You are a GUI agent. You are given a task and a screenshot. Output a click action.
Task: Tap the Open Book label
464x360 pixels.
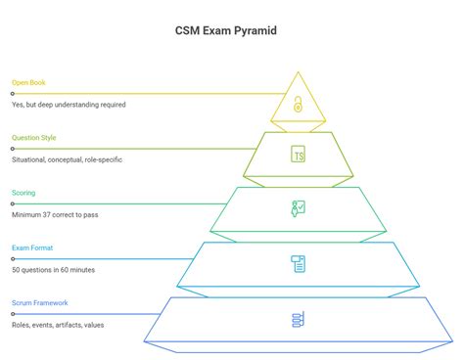28,83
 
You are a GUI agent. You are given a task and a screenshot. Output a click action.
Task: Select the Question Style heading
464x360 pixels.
34,138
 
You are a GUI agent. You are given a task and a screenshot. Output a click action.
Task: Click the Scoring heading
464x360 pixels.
23,193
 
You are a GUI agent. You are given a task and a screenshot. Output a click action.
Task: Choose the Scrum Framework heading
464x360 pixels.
40,303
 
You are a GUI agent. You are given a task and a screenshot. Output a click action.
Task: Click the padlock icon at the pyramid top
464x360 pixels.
297,102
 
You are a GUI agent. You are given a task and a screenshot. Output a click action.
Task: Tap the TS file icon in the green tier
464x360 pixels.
297,154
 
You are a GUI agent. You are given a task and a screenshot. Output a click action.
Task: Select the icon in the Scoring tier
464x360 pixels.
297,207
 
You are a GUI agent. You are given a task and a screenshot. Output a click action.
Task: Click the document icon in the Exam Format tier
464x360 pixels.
297,262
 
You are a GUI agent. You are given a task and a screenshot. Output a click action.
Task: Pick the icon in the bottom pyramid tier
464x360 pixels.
297,319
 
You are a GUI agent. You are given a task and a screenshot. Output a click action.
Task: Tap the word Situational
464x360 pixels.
31,159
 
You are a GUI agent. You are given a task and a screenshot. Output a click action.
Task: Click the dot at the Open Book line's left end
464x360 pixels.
12,94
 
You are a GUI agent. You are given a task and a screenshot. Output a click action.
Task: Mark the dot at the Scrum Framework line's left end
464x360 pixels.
12,314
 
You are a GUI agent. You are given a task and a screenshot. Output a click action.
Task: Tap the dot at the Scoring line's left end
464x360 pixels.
12,203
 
